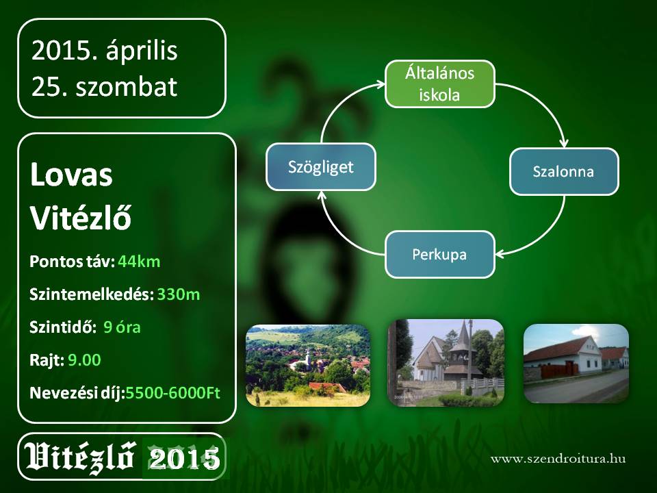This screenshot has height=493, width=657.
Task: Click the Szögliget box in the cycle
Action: tap(321, 167)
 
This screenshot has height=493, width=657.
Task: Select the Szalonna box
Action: tap(564, 171)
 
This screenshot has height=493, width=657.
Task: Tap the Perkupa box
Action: tap(440, 255)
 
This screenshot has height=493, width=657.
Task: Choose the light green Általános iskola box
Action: tap(440, 84)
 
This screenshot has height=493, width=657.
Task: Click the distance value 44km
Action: tap(139, 262)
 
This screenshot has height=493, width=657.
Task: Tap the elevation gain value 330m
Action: tap(179, 294)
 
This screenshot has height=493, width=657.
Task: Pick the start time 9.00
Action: tap(84, 359)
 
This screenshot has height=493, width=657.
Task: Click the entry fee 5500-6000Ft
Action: tap(173, 393)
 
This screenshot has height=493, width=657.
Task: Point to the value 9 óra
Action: tap(122, 327)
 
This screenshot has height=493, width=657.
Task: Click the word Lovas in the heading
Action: tap(71, 175)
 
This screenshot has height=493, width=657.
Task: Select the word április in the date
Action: tap(142, 51)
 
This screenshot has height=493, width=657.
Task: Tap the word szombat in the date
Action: tap(126, 87)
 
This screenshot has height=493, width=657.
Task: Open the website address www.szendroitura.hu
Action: tap(558, 459)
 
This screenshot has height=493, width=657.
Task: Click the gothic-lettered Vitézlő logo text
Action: tap(80, 457)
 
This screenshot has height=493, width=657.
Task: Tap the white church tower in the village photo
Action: tap(307, 358)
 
